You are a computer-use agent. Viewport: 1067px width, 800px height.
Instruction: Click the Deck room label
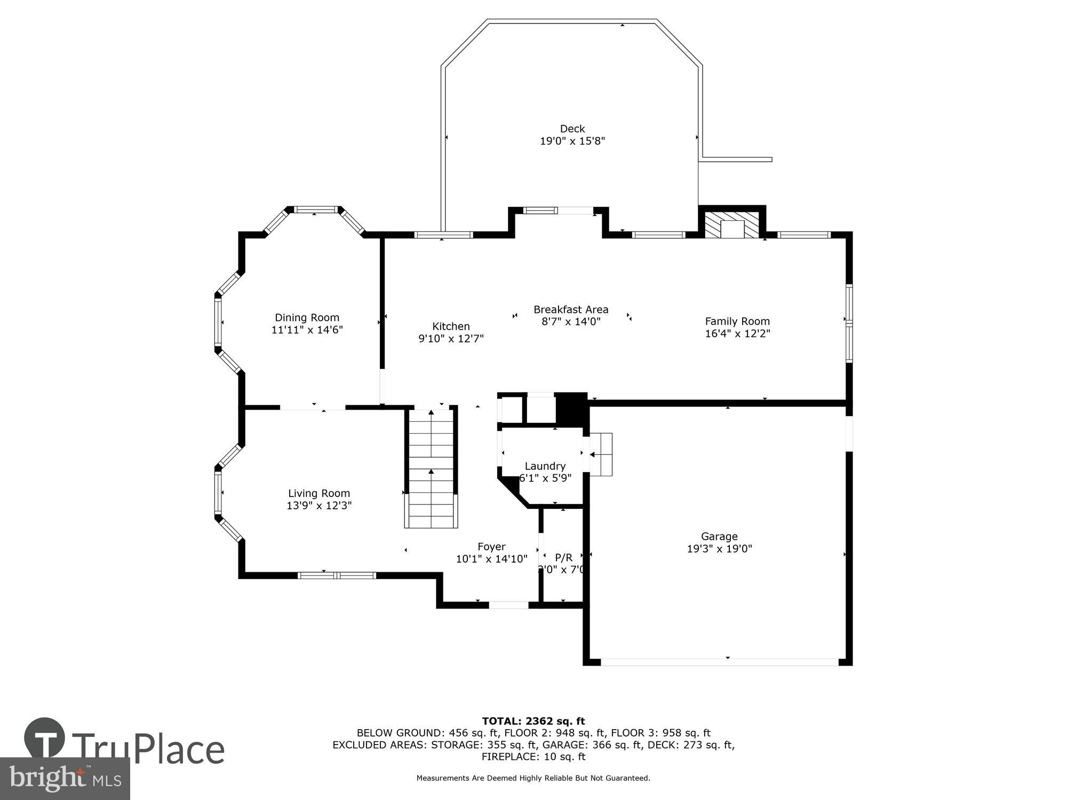click(x=572, y=129)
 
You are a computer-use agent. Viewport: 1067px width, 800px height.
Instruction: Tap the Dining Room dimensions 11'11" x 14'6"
click(x=307, y=330)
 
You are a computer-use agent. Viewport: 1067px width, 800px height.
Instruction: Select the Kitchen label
click(x=451, y=326)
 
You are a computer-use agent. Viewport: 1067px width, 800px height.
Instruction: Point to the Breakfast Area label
click(x=571, y=309)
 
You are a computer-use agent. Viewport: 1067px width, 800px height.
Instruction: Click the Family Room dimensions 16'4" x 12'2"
click(x=737, y=333)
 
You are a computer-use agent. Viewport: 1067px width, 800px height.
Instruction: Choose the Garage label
click(x=719, y=536)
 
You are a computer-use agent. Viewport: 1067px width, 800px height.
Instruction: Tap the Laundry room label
click(x=545, y=466)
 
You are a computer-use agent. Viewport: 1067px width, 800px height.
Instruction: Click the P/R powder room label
click(x=563, y=557)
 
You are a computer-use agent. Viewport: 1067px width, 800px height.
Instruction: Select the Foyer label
click(x=491, y=546)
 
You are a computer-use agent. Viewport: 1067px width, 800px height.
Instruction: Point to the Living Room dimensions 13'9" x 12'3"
click(x=319, y=505)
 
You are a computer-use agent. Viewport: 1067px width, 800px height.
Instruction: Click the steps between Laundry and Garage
click(x=601, y=454)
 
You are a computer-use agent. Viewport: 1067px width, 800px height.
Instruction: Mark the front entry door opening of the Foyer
click(x=508, y=605)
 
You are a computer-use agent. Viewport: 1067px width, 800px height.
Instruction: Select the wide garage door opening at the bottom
click(x=719, y=662)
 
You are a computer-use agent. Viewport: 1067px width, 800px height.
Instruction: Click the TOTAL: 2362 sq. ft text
click(x=533, y=721)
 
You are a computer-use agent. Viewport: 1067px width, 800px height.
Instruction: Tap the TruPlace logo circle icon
click(x=45, y=739)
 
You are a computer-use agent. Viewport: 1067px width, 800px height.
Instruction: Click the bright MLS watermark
click(x=65, y=779)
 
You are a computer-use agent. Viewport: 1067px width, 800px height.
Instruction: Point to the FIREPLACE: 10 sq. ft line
click(x=533, y=756)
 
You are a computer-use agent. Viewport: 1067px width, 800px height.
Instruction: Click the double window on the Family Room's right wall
click(x=849, y=323)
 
